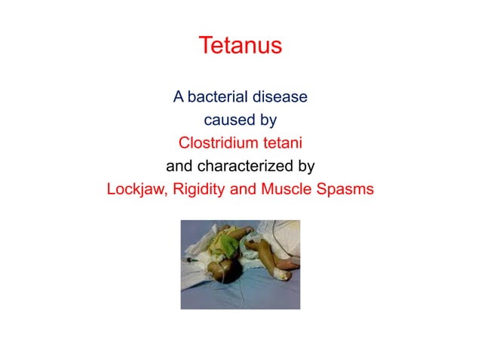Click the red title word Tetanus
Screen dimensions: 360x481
[x=240, y=46]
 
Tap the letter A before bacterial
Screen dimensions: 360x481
[x=179, y=97]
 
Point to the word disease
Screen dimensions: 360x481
[x=280, y=97]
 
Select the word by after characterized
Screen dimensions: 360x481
[x=305, y=166]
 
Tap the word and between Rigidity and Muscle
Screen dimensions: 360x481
[x=243, y=188]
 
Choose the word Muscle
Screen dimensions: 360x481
[x=285, y=188]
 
